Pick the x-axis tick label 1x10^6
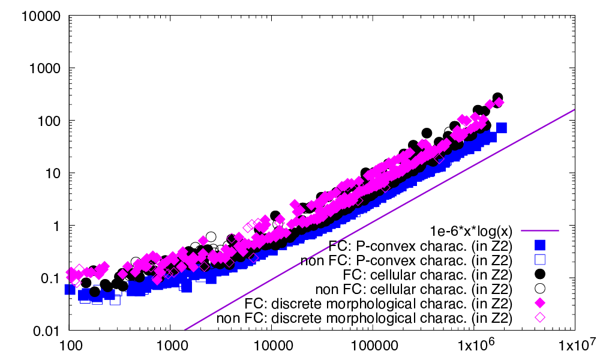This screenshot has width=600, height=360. click(473, 346)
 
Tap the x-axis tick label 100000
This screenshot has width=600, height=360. click(372, 346)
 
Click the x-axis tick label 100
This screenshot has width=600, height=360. click(69, 346)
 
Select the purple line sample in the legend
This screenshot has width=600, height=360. click(540, 230)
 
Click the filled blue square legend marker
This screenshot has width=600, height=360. click(540, 245)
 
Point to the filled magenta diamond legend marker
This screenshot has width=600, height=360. click(540, 302)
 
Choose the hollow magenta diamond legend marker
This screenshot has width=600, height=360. click(540, 317)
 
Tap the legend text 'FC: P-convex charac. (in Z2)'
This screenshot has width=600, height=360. click(420, 245)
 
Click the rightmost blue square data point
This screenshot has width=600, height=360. click(502, 128)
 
